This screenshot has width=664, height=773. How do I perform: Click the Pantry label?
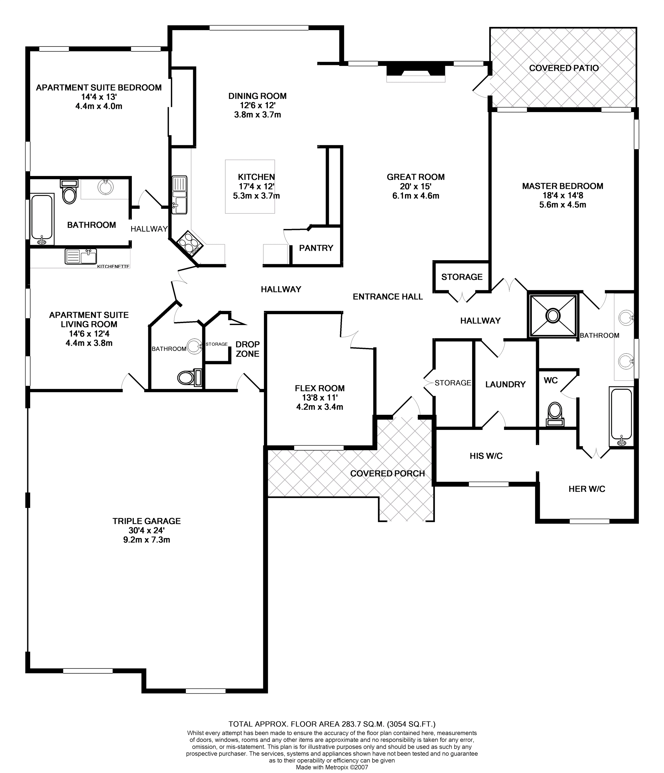click(316, 248)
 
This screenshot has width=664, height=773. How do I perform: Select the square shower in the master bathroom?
click(553, 316)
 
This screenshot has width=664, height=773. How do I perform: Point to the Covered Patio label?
click(564, 68)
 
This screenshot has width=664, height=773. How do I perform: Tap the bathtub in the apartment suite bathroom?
click(42, 219)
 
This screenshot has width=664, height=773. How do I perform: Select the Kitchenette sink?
click(81, 256)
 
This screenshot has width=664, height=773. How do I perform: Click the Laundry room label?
click(505, 384)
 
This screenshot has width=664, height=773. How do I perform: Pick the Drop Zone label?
click(247, 349)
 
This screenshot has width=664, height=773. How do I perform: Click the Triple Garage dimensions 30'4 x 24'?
click(146, 531)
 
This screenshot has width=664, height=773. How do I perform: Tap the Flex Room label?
click(319, 388)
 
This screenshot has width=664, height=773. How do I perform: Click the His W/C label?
click(486, 456)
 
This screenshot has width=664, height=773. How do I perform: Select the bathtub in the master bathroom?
click(621, 415)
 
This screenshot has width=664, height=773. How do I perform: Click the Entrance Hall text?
click(388, 297)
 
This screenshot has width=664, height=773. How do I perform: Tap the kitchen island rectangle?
click(250, 186)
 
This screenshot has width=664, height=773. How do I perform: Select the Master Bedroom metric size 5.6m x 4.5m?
click(562, 205)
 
